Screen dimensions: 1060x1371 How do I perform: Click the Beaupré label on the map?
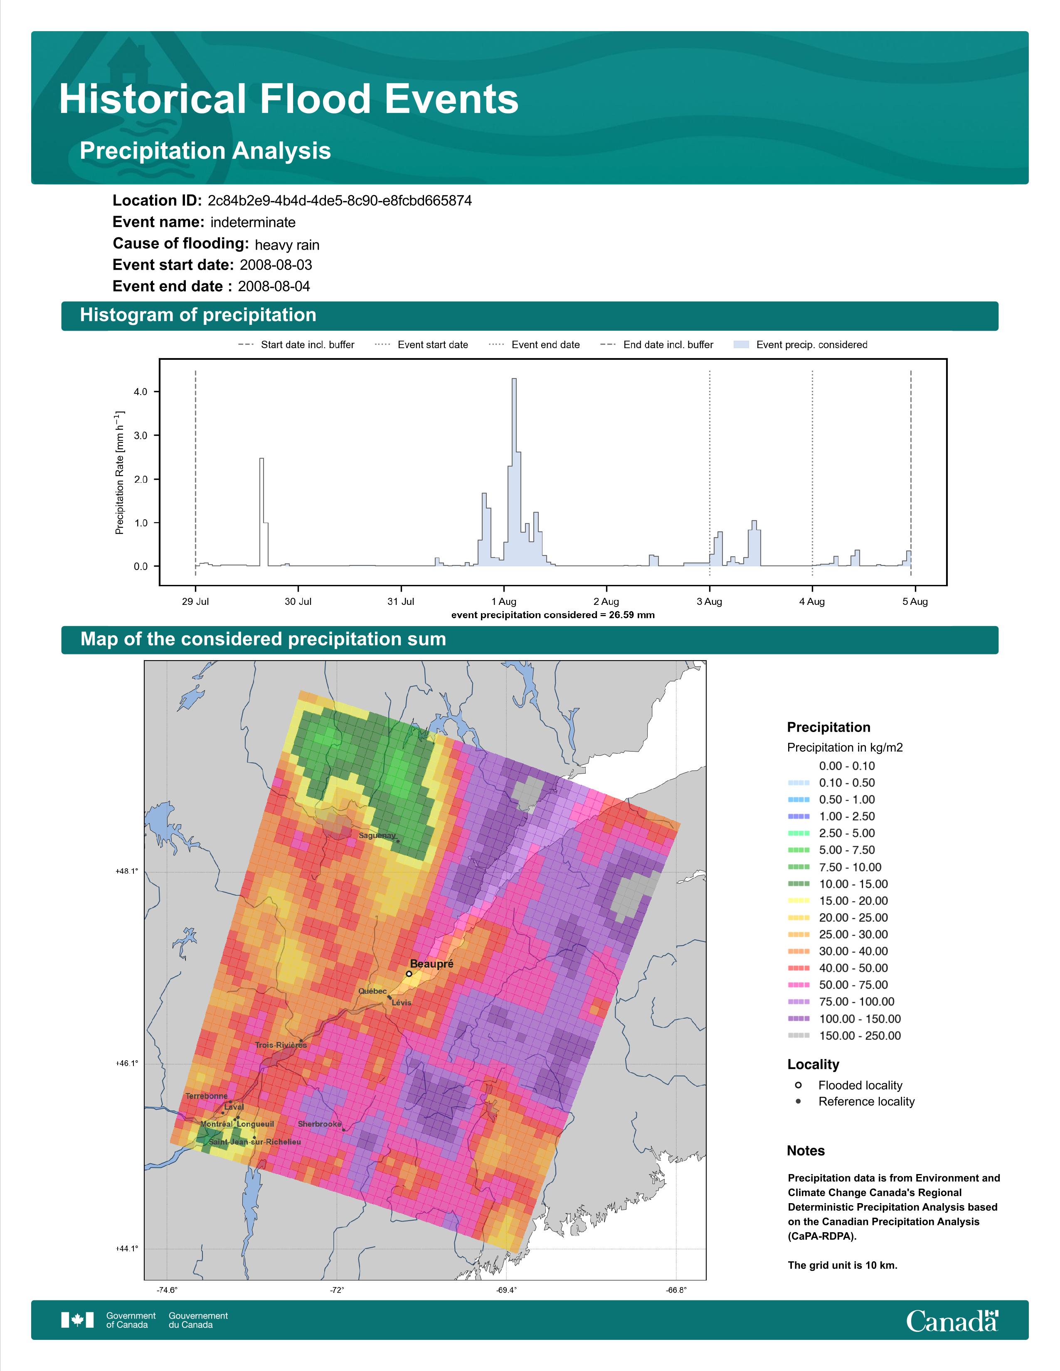[431, 963]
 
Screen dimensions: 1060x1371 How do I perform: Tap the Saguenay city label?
[377, 835]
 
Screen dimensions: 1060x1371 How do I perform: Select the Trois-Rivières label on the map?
[281, 1045]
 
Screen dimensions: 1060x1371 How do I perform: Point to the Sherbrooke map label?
[320, 1124]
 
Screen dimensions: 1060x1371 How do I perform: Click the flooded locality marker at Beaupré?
[409, 974]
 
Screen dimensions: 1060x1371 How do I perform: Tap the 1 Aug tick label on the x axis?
[504, 602]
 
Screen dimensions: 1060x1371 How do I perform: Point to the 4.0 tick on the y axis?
[141, 392]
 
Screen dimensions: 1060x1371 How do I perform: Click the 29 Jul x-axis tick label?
[195, 602]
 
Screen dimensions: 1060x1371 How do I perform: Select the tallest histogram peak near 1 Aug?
[514, 379]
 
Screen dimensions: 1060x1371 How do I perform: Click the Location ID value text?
[340, 201]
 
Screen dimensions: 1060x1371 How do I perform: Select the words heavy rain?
[287, 245]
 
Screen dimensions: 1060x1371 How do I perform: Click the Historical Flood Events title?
[289, 99]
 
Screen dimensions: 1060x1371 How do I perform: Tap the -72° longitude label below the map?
[337, 1290]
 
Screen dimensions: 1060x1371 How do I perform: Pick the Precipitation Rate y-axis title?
[119, 473]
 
